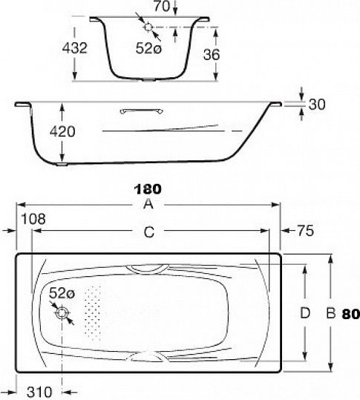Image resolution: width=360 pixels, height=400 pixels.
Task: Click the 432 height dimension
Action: (x=75, y=47)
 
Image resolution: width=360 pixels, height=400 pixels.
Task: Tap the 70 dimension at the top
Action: (x=162, y=7)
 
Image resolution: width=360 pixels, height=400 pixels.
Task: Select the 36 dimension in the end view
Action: (x=212, y=54)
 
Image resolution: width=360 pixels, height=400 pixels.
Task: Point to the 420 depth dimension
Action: (x=62, y=131)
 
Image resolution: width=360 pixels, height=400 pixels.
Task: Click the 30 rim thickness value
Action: (x=317, y=104)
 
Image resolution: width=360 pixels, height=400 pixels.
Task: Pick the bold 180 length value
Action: (x=148, y=189)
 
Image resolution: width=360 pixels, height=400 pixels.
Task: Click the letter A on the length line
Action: (x=148, y=204)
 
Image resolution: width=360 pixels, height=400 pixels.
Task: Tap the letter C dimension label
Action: (x=149, y=232)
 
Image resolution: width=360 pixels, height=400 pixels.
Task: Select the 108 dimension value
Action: (x=33, y=219)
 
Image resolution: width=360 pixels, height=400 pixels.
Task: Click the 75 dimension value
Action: (x=305, y=231)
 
